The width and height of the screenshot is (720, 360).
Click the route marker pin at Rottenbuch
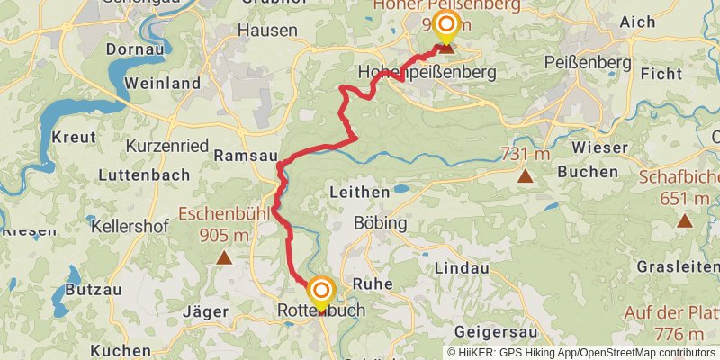point(320,292)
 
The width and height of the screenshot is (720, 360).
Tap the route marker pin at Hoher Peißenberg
point(445,26)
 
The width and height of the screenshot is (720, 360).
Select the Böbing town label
point(381,222)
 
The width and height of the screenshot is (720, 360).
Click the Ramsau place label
point(245,156)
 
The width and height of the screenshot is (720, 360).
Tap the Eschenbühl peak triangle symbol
point(223,259)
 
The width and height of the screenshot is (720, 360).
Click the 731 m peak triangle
point(525,175)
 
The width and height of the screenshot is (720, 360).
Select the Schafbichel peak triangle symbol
point(685,220)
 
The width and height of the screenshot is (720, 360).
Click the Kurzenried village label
point(168,145)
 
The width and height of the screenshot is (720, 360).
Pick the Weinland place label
point(162,83)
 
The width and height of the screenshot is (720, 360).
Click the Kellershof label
point(130,226)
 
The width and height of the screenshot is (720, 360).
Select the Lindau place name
point(462,268)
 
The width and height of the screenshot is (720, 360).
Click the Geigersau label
point(496,330)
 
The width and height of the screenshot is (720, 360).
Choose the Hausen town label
point(267,30)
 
